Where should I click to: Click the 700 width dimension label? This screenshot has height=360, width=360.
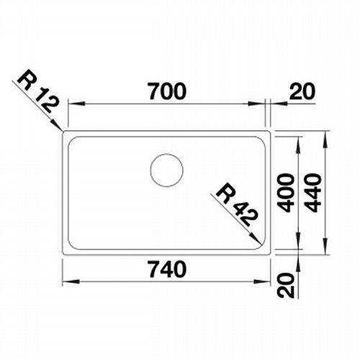(167, 91)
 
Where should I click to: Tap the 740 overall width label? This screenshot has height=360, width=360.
(167, 269)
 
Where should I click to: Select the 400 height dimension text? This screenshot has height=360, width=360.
(285, 193)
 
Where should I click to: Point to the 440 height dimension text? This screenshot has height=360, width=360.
(312, 193)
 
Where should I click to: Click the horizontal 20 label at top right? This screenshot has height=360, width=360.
(302, 91)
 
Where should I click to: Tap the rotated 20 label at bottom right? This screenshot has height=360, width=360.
(285, 285)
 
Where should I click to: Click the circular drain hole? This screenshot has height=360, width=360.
(167, 170)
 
